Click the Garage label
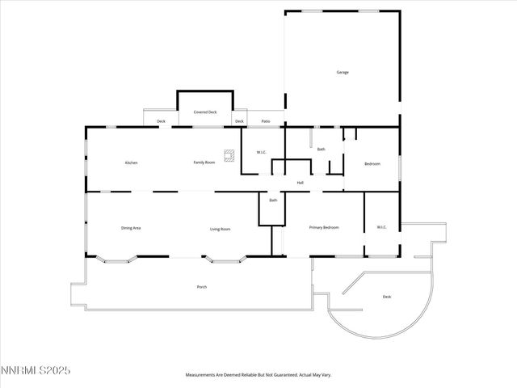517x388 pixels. pos(343,73)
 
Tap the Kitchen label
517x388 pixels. pos(131,163)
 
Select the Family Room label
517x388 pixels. pos(204,163)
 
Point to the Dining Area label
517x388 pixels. pos(131,229)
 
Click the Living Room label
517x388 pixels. pos(221,230)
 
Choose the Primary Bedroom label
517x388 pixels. pos(324,228)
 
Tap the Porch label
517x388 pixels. pos(201,287)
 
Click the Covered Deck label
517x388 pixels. pos(205,112)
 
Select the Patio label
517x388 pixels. pos(266,122)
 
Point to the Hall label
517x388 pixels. pos(300,183)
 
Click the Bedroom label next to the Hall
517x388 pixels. pos(372,164)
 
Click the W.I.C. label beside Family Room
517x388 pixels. pos(262,153)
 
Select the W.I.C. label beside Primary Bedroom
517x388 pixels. pos(382,227)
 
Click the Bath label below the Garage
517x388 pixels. pos(321,150)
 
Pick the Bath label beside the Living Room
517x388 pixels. pos(273,200)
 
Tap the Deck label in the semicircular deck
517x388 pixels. pos(387,297)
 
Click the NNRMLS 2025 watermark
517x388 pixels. pos(36,371)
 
